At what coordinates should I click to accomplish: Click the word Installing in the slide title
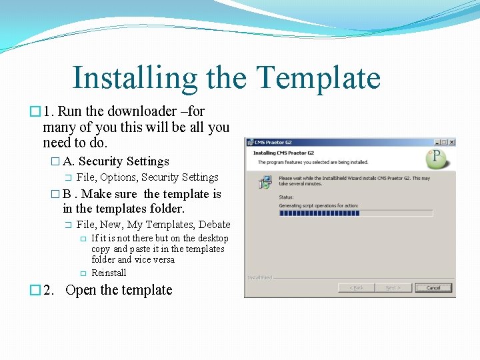point(135,78)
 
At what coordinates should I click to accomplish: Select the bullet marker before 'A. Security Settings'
point(55,161)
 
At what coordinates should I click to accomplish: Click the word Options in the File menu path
point(118,177)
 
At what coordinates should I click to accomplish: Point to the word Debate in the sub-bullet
point(214,225)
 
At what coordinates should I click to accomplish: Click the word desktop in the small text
point(213,238)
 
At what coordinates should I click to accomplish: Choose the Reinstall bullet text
point(109,273)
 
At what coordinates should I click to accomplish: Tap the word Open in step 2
point(81,290)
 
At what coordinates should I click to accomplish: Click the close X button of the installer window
point(451,142)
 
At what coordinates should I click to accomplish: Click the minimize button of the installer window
point(437,142)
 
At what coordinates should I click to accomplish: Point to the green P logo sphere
point(437,159)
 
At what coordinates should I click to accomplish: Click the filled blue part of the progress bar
point(319,213)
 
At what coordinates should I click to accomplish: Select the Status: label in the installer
point(287,197)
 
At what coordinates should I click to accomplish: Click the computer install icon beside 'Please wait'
point(265,181)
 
